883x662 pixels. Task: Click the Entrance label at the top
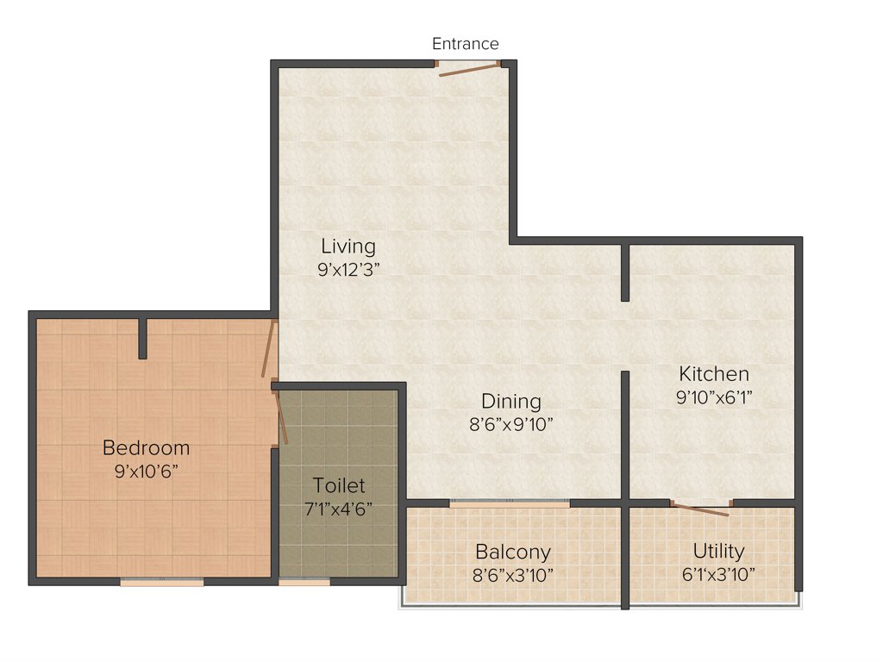pyautogui.click(x=465, y=44)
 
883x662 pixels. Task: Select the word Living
pyautogui.click(x=348, y=247)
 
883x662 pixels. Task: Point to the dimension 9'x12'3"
pyautogui.click(x=348, y=269)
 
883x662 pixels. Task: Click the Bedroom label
pyautogui.click(x=146, y=448)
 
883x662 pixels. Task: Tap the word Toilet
pyautogui.click(x=339, y=485)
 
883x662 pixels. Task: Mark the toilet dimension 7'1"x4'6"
pyautogui.click(x=339, y=508)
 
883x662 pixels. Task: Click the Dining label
pyautogui.click(x=511, y=402)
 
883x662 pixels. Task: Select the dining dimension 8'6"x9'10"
pyautogui.click(x=511, y=424)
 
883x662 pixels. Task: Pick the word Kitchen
pyautogui.click(x=714, y=374)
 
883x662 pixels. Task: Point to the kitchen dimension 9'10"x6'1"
pyautogui.click(x=714, y=397)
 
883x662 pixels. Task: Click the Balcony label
pyautogui.click(x=513, y=552)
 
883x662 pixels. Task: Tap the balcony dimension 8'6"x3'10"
pyautogui.click(x=513, y=574)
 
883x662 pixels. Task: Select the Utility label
pyautogui.click(x=718, y=552)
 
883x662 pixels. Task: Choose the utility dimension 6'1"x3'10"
pyautogui.click(x=718, y=574)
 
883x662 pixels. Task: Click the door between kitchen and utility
pyautogui.click(x=700, y=509)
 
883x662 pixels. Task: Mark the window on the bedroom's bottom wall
pyautogui.click(x=162, y=583)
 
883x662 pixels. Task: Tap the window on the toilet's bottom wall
pyautogui.click(x=304, y=583)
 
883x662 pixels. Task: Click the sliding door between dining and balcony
pyautogui.click(x=510, y=503)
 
